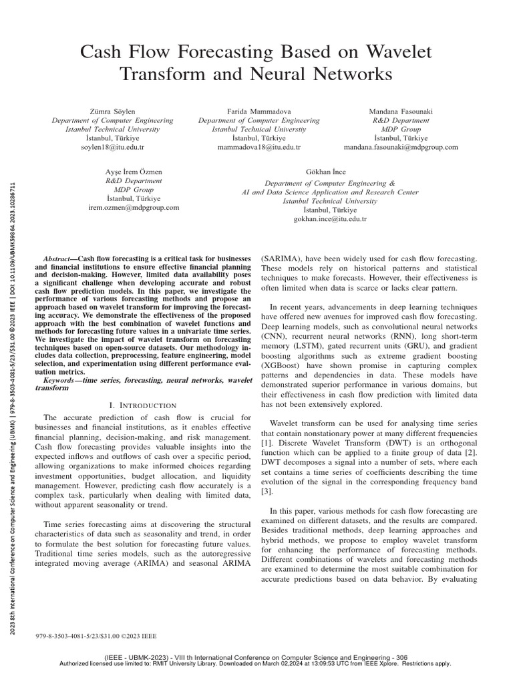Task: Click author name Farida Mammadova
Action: (259, 111)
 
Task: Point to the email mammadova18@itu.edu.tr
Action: (259, 146)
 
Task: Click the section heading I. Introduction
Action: (142, 405)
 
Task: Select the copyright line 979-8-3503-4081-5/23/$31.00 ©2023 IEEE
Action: (96, 637)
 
